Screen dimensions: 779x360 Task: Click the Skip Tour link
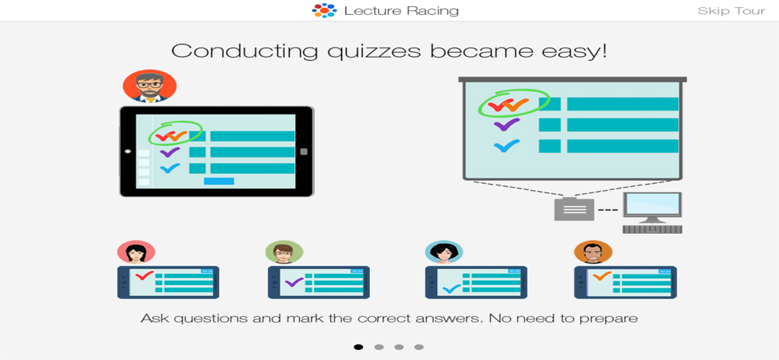click(x=731, y=11)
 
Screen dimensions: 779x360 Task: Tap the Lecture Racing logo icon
click(x=324, y=10)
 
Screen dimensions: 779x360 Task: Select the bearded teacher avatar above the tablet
click(x=150, y=86)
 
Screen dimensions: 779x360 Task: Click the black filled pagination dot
click(x=358, y=347)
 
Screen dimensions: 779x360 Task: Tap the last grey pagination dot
click(x=419, y=347)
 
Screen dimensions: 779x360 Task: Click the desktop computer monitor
click(x=652, y=208)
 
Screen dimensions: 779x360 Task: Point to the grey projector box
click(x=574, y=208)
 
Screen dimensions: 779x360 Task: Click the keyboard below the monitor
click(x=652, y=229)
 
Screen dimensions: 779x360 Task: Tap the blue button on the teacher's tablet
click(x=219, y=181)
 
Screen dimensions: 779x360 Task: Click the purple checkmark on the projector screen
click(x=507, y=125)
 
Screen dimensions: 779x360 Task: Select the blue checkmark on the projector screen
click(x=507, y=146)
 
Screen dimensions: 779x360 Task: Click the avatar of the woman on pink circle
click(x=136, y=252)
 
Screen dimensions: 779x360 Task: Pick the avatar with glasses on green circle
click(x=284, y=252)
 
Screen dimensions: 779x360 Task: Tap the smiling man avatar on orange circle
click(x=593, y=252)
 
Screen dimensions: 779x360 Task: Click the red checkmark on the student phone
click(x=145, y=275)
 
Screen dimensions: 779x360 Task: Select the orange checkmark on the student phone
click(x=601, y=276)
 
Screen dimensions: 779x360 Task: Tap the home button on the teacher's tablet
click(x=304, y=152)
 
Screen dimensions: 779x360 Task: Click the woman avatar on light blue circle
click(x=444, y=252)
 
